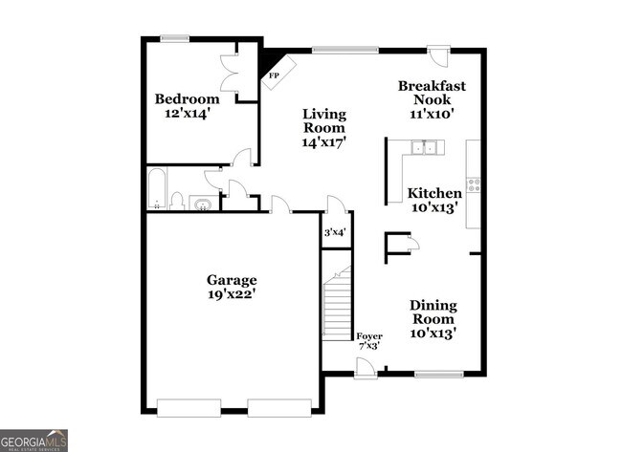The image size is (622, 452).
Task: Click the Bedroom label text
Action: (x=188, y=98)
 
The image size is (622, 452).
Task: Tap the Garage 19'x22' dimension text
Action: (x=232, y=295)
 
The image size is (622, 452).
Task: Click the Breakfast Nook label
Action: (x=432, y=92)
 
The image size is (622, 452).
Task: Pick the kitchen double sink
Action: (x=423, y=146)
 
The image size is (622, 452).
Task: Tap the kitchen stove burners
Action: (x=473, y=182)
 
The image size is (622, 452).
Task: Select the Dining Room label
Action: (x=433, y=312)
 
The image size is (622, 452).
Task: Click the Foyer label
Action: (x=368, y=336)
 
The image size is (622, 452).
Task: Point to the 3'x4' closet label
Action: (x=335, y=232)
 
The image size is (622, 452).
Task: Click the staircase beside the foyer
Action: (x=337, y=305)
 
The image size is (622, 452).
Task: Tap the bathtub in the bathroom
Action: (x=156, y=189)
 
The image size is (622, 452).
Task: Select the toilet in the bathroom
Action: (x=177, y=201)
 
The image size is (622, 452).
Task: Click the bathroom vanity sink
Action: (x=202, y=203)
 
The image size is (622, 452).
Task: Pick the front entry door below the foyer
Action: (x=365, y=368)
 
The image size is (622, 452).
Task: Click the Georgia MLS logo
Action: (x=34, y=440)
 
